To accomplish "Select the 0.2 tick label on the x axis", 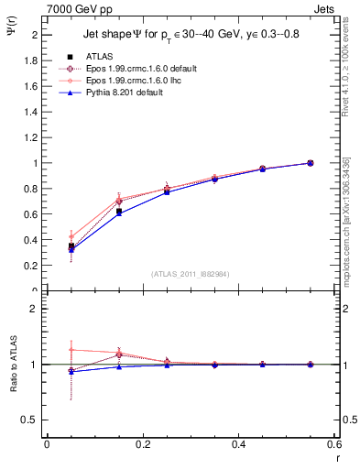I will pos(143,444).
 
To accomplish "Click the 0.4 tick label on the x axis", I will pos(239,444).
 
